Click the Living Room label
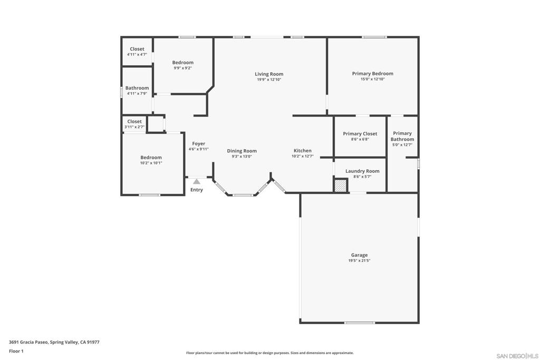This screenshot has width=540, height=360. point(269,74)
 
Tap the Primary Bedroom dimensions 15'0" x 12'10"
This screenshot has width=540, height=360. point(372,79)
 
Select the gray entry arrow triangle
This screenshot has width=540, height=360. point(197,181)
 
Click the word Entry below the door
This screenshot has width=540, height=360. point(197,190)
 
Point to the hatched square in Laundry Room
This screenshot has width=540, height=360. point(341,186)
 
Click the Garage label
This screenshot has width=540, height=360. point(360,255)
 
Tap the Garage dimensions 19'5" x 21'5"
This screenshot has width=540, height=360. point(360,261)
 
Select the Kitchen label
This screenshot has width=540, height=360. point(303,151)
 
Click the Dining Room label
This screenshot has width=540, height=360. point(242,151)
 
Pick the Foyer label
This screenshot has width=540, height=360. point(199,143)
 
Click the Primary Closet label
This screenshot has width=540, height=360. point(360,134)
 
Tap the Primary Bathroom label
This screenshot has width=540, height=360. point(402,136)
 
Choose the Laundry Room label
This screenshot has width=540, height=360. point(362,171)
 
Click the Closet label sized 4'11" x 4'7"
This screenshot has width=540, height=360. point(137,49)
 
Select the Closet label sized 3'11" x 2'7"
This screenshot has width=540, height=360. point(134,121)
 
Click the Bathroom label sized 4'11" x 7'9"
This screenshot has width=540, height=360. point(137,88)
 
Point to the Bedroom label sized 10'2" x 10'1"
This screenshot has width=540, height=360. point(151,158)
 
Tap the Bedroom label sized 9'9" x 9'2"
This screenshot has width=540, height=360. point(182,62)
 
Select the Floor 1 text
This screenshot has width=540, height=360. point(16,351)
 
